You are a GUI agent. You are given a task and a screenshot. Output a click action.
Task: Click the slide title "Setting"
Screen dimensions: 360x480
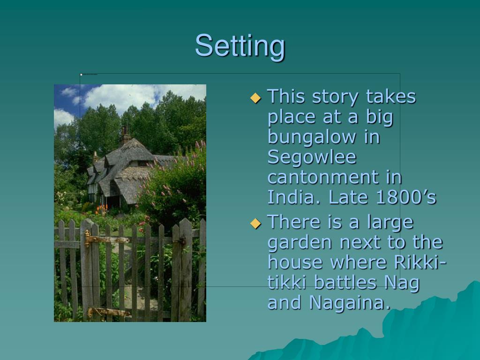point(240,46)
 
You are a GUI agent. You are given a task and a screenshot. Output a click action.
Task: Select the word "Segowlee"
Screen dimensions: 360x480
point(312,157)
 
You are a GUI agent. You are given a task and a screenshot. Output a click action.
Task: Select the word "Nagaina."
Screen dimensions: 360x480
point(350,303)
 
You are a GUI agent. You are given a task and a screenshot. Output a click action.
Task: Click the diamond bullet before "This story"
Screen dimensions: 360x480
point(255,98)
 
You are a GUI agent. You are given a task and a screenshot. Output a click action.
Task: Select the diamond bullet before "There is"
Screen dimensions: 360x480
point(255,223)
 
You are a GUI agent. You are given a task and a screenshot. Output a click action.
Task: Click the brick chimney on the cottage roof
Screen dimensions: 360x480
point(125,134)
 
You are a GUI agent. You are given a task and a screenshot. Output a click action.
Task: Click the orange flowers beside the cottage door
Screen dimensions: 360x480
point(101,209)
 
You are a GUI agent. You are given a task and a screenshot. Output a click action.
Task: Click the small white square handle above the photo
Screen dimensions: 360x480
point(81,75)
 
